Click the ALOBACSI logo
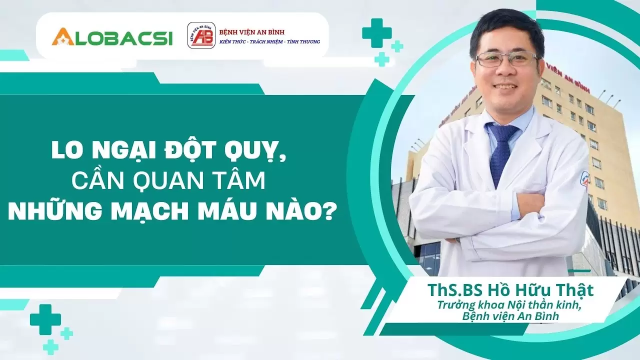(112, 37)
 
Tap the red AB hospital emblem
(201, 35)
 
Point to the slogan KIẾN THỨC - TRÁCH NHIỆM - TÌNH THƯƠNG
(270, 42)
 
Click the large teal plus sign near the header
(376, 33)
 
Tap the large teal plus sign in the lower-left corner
(45, 319)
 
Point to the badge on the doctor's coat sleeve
(583, 180)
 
